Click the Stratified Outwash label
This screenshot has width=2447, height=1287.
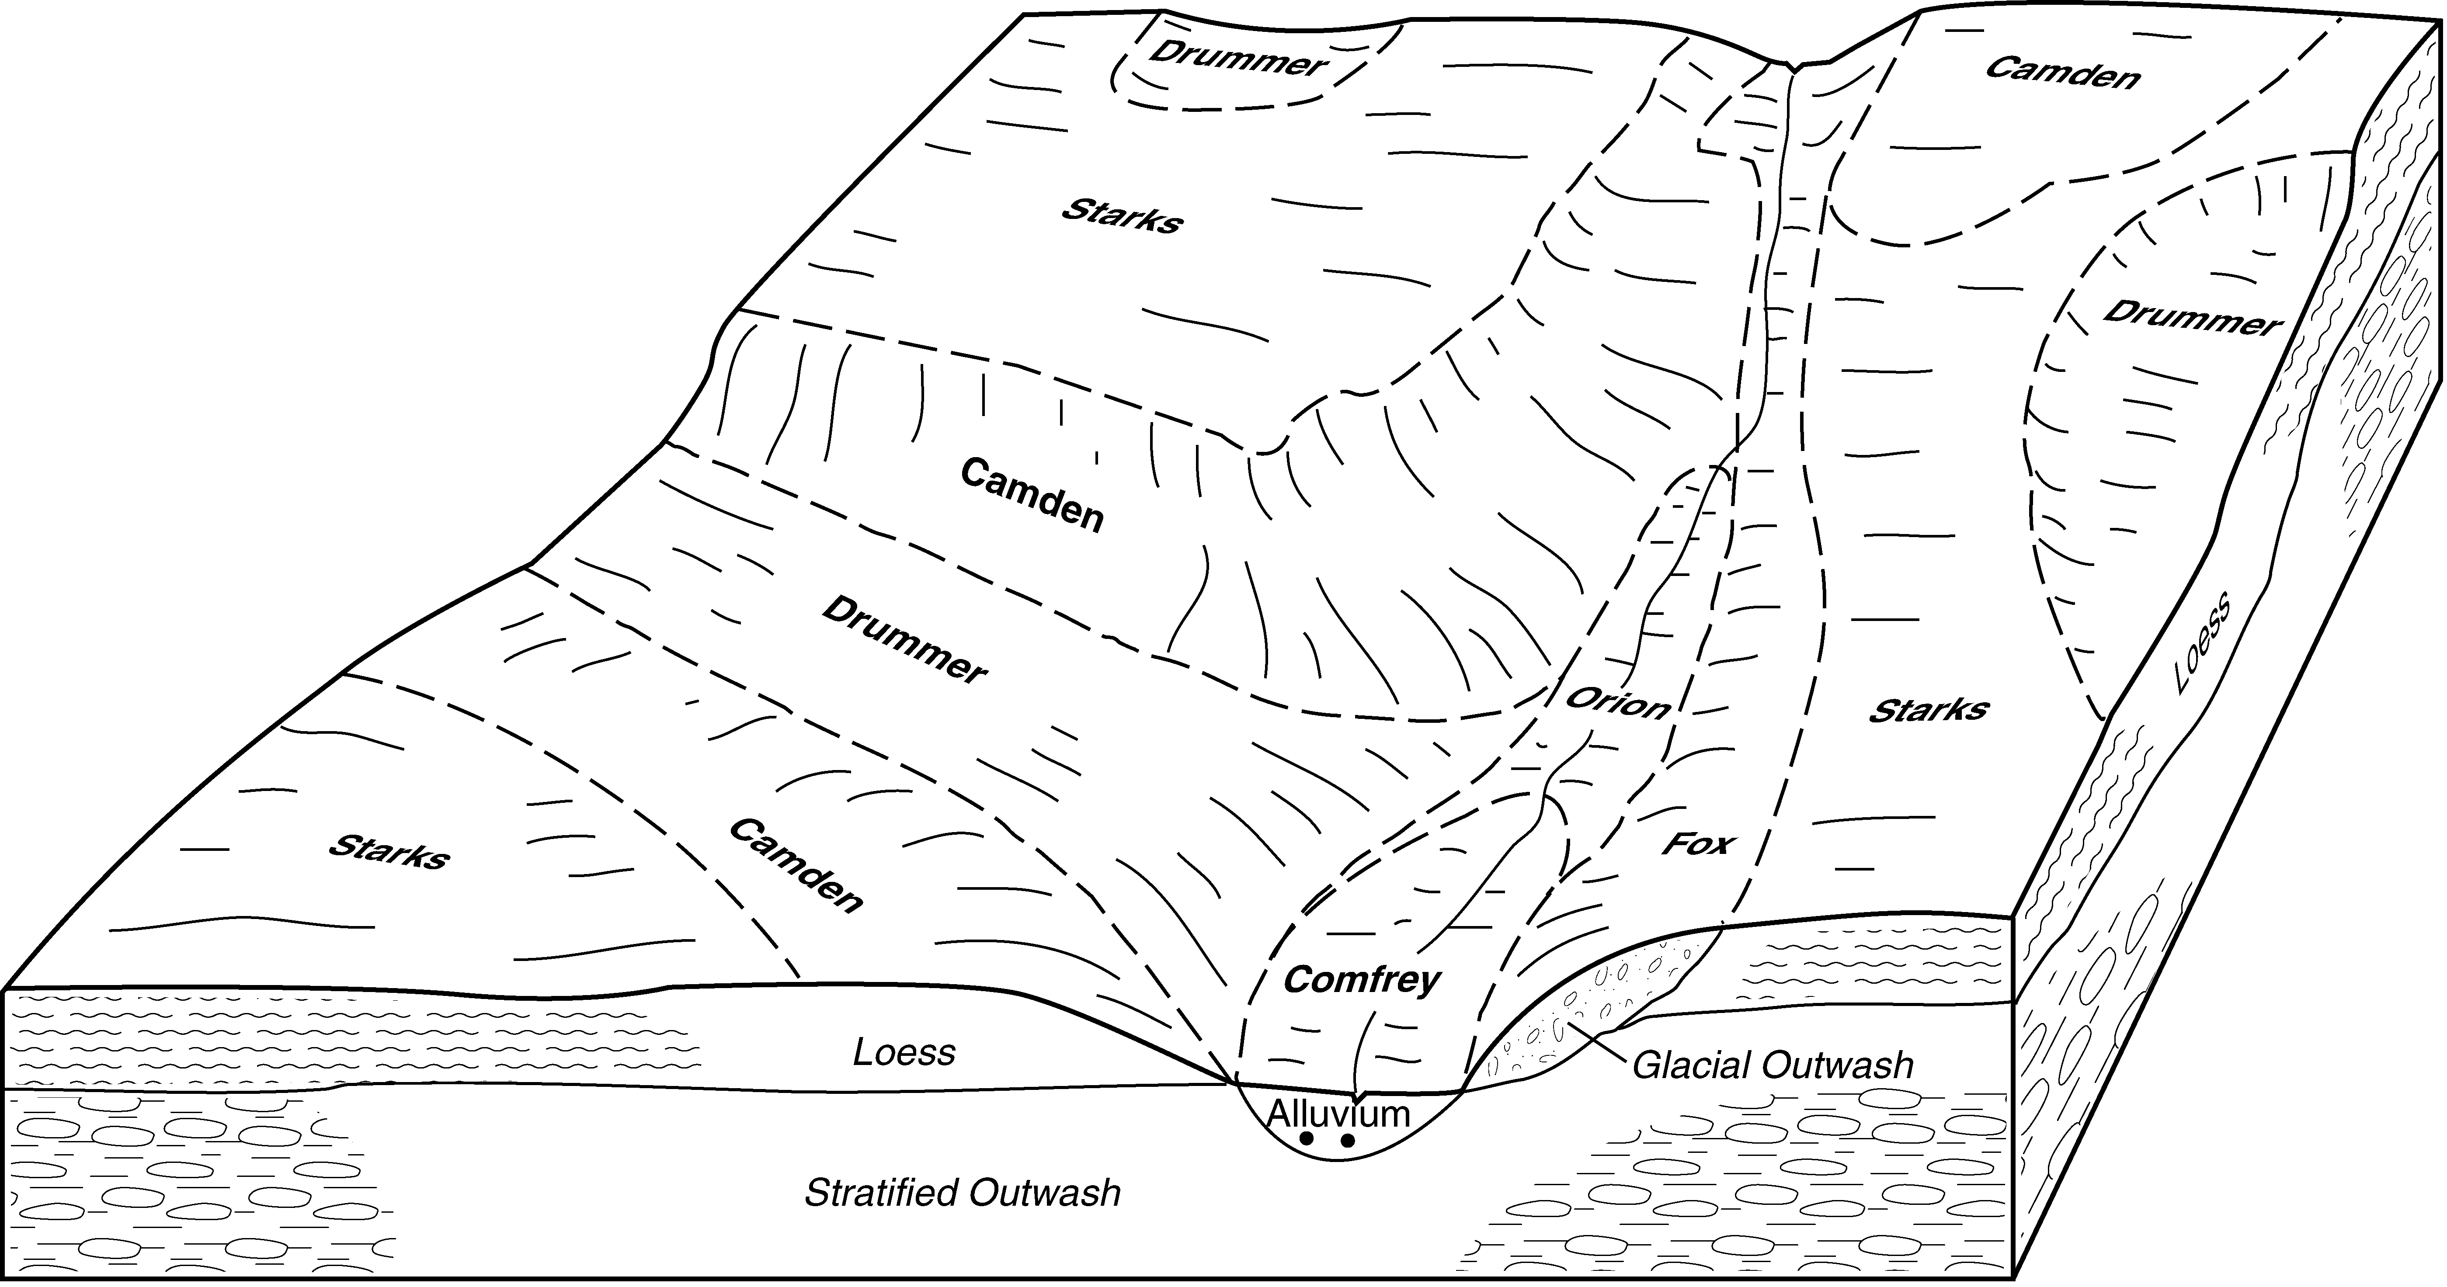point(962,1193)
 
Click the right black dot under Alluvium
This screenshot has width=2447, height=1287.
point(1347,1140)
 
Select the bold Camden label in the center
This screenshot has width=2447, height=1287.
point(1032,495)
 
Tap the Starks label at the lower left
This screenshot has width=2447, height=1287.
point(389,851)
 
